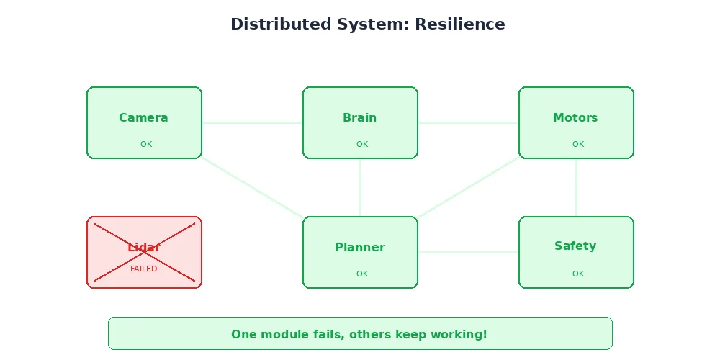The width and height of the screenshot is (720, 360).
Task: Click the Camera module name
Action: (143, 117)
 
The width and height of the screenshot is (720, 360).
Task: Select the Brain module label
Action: (359, 117)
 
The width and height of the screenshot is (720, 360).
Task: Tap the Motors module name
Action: (575, 117)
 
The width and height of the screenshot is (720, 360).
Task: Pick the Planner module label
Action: (359, 247)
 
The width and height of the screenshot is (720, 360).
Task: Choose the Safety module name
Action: (575, 246)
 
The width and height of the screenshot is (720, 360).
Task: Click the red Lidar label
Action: (143, 247)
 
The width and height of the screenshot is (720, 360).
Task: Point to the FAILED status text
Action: (143, 269)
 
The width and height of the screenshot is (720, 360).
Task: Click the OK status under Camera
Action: (146, 144)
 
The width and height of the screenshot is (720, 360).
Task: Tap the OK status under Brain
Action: (362, 144)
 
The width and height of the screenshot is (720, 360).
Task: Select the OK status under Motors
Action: (578, 144)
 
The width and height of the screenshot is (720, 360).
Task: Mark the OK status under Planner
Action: (362, 274)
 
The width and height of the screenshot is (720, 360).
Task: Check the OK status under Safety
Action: (578, 274)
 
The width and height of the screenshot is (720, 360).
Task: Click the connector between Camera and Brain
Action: (252, 122)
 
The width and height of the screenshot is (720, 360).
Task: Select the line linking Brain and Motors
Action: (468, 122)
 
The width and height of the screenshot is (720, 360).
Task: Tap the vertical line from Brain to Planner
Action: (360, 187)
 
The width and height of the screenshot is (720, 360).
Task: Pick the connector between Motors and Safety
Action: (576, 187)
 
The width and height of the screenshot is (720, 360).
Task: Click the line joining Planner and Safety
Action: (468, 252)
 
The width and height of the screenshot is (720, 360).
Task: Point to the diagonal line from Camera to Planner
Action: (252, 187)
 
